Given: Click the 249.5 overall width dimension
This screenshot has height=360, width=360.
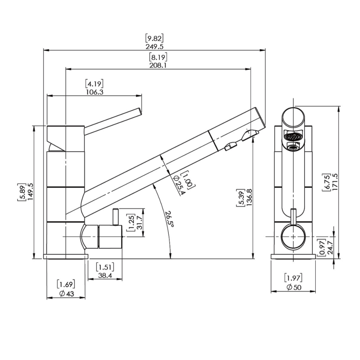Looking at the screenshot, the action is [154, 47].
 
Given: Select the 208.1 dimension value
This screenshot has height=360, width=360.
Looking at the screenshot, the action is [158, 66].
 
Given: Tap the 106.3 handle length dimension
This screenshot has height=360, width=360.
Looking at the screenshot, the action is [95, 92].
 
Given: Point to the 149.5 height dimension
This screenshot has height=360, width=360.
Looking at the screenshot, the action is [31, 192].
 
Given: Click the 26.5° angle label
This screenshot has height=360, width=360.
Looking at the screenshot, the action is [170, 219].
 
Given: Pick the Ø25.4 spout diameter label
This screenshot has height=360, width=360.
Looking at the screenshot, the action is [179, 185].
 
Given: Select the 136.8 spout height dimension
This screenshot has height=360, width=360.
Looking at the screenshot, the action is [249, 197].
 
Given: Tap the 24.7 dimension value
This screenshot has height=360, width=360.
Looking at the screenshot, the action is [330, 247].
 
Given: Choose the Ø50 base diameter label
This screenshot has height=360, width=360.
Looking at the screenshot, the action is [294, 287].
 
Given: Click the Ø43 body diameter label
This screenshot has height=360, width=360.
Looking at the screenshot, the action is [67, 294].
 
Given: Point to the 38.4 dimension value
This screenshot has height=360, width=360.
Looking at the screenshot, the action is [105, 275].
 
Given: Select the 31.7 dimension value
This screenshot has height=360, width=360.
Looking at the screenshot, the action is [140, 222].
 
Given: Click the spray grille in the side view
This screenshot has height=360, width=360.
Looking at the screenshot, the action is [292, 137].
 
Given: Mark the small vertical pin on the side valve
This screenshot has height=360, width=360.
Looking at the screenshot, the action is [116, 217].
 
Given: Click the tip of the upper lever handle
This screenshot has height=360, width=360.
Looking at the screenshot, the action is [140, 111].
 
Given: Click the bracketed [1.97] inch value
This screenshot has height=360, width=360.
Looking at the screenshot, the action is [293, 278].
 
